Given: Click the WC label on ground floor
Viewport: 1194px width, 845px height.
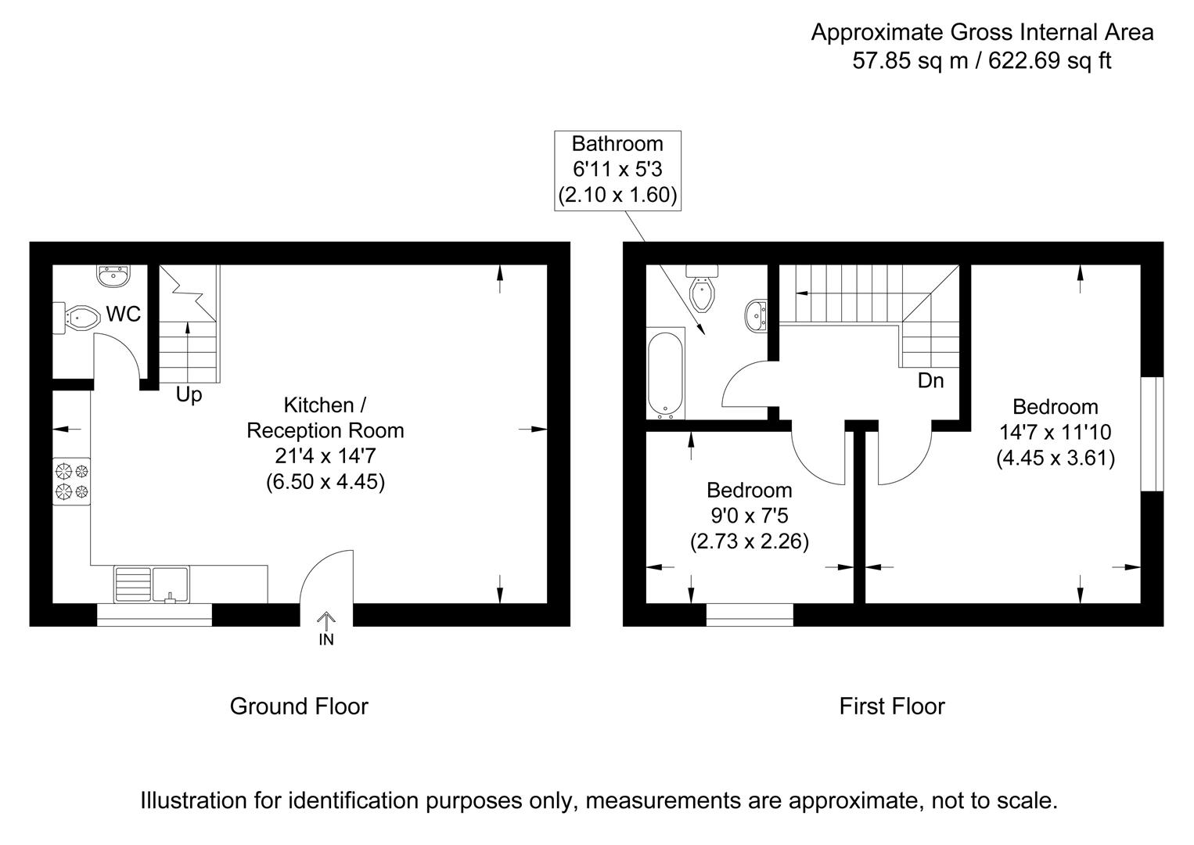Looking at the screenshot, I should pos(124,314).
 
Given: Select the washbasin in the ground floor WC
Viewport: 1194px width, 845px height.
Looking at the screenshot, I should pos(114,275).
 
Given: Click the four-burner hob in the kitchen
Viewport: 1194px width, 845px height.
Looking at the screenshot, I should pos(71,481).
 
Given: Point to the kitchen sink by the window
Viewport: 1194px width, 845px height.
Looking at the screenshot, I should pos(171,584).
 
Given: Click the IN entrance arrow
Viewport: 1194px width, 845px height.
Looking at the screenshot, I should pos(326,629).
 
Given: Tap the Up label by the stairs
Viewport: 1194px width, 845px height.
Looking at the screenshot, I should pos(189,395).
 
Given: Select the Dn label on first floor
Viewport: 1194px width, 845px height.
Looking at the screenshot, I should pos(930,381).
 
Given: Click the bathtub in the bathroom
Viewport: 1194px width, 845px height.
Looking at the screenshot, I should pos(666,374).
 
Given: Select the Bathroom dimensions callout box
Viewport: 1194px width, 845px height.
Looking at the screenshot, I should pos(617,170).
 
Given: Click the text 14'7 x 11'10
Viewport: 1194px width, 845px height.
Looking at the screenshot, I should pos(1055,432).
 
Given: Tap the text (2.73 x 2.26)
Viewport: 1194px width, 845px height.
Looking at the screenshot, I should pos(749,541).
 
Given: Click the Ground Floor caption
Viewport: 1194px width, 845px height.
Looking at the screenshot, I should pos(299,707).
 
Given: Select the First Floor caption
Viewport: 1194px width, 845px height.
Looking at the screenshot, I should pos(892,707).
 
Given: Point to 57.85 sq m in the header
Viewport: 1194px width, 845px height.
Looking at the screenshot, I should pos(910,60).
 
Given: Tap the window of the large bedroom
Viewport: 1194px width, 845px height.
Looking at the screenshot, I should pos(1151,434).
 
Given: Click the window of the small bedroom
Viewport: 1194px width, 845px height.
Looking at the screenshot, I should pos(750,614).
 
